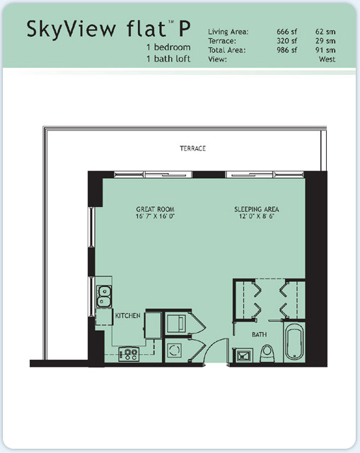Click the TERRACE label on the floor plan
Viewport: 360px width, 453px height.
click(192, 148)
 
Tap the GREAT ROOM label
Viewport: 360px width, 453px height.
click(156, 209)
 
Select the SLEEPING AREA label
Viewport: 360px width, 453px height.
click(257, 209)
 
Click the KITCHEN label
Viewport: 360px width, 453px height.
click(128, 315)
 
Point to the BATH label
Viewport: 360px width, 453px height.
click(260, 334)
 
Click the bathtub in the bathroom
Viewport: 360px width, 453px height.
click(294, 342)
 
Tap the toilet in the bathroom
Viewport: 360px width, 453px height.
click(267, 353)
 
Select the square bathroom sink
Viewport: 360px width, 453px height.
click(243, 355)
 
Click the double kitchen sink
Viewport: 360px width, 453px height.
click(104, 296)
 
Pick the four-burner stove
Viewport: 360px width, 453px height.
click(129, 354)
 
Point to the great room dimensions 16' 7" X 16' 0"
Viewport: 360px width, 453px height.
click(156, 216)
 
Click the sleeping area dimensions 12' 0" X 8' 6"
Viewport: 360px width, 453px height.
click(257, 216)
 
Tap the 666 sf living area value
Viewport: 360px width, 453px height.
click(287, 32)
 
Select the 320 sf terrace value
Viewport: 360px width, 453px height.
click(287, 41)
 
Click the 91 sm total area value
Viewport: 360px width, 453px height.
click(325, 50)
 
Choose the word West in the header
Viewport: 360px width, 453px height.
click(327, 59)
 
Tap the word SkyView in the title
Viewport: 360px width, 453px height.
click(71, 30)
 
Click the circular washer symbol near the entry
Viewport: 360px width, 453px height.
click(175, 350)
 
